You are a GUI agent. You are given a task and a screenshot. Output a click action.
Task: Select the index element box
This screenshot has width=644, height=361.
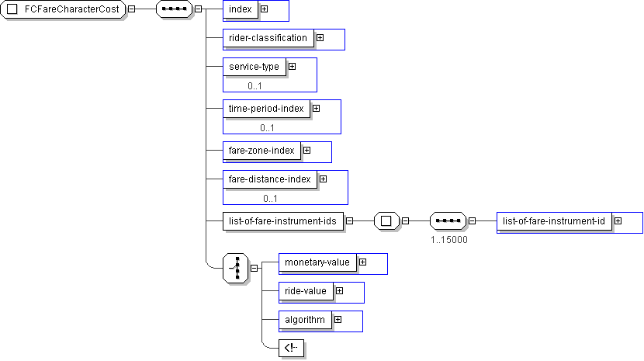[240, 9]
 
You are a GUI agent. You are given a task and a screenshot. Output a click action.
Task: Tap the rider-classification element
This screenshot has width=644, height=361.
[268, 37]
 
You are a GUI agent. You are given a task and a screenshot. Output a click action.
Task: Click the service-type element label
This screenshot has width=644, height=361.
[254, 66]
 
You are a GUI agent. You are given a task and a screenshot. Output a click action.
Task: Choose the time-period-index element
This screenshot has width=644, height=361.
[266, 109]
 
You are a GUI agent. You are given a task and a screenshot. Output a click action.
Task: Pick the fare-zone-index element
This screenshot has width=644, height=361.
[261, 150]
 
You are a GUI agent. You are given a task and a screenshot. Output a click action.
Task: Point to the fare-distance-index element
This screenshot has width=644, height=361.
[269, 179]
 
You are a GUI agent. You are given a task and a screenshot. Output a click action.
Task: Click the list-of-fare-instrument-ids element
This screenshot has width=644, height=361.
[282, 220]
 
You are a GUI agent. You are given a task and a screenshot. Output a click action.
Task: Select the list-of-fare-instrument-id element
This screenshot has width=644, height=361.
[554, 220]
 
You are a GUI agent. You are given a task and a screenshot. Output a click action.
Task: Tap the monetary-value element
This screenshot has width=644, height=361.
[317, 262]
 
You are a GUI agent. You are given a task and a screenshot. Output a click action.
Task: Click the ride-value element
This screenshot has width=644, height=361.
[306, 290]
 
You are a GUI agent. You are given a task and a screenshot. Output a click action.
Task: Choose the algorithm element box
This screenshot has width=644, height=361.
[305, 319]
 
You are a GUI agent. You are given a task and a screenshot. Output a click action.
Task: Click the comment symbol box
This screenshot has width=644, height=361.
[290, 348]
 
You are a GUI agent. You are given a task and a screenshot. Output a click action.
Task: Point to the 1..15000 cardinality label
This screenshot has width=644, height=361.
[449, 239]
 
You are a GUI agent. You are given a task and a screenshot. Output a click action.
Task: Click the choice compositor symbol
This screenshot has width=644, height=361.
[236, 267]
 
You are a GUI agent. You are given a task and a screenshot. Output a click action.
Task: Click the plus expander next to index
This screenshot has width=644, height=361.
[265, 9]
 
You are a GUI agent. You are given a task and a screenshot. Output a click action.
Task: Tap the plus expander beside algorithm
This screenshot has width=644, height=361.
[338, 319]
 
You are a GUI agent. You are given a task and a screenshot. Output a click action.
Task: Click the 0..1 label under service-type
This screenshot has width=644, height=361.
[254, 85]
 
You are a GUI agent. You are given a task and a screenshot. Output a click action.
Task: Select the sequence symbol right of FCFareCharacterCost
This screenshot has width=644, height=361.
[175, 9]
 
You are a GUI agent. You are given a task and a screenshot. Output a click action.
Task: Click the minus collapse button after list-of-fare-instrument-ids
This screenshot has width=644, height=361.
[349, 220]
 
